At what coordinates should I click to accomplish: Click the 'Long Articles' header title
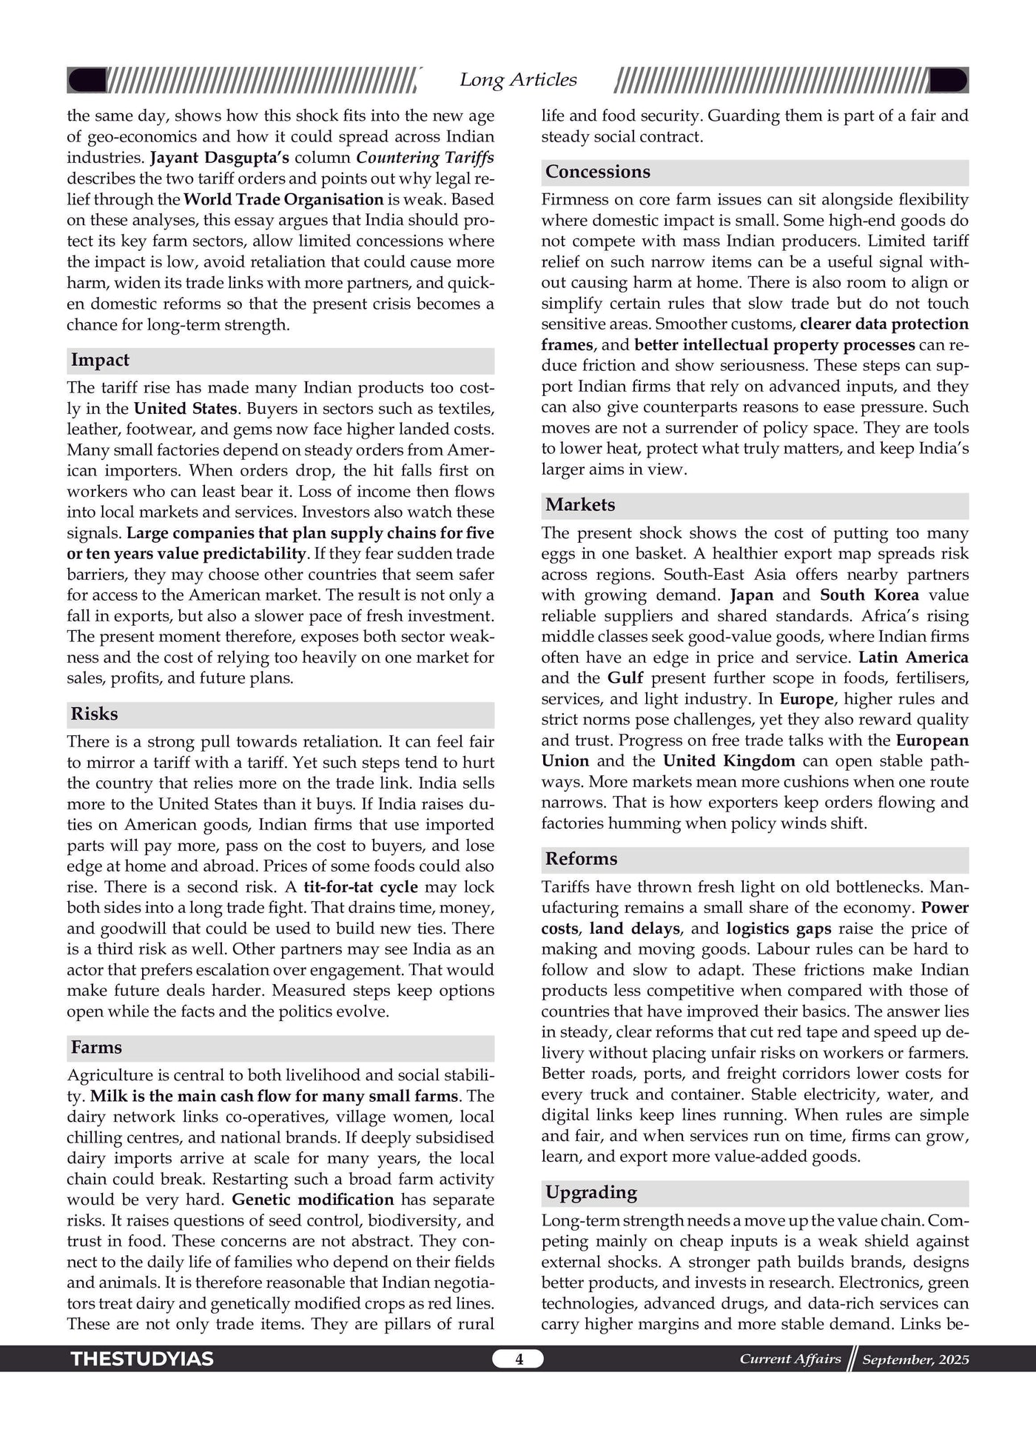[x=518, y=80]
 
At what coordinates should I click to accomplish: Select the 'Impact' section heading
[x=100, y=361]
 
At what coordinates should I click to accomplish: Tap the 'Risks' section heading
[x=94, y=715]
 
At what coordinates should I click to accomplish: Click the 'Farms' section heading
[x=96, y=1048]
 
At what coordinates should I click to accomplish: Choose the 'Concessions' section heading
[x=597, y=172]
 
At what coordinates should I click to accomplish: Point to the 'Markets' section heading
[x=580, y=505]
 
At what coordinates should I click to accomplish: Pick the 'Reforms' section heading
[x=581, y=859]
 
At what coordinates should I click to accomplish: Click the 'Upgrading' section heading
[x=591, y=1192]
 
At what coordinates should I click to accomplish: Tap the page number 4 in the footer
[x=519, y=1360]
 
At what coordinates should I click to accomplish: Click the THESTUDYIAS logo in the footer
[x=142, y=1360]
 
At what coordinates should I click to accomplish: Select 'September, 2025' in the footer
[x=915, y=1360]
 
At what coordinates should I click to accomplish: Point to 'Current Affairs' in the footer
[x=790, y=1359]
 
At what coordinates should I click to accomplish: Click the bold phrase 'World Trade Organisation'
[x=283, y=199]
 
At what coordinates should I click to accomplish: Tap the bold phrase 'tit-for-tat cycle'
[x=360, y=887]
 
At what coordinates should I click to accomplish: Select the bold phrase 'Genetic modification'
[x=312, y=1200]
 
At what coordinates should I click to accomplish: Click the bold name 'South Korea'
[x=869, y=595]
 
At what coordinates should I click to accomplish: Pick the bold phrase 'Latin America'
[x=913, y=658]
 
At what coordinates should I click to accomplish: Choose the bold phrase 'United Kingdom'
[x=729, y=761]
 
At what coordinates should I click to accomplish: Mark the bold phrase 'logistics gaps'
[x=778, y=929]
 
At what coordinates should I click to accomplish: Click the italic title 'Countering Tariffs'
[x=425, y=158]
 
